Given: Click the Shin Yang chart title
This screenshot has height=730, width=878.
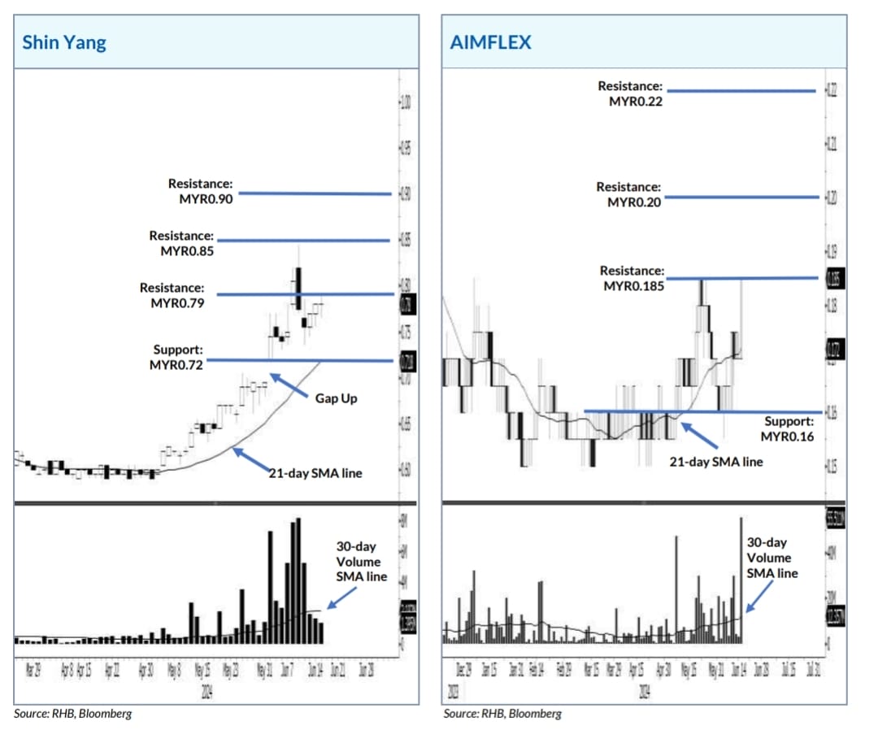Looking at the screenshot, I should [x=64, y=42].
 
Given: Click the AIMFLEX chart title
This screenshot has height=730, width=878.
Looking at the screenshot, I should [x=490, y=42].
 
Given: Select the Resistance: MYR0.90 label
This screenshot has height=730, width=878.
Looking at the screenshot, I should [x=200, y=191].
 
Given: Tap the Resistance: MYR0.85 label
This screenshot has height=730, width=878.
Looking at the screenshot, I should [x=181, y=243].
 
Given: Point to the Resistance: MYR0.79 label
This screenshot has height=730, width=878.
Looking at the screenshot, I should [x=172, y=295].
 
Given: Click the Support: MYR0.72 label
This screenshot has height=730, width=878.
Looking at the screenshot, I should [x=176, y=358].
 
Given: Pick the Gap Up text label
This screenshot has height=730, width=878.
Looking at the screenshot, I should [x=337, y=398].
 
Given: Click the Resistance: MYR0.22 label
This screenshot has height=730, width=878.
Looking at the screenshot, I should [x=630, y=93].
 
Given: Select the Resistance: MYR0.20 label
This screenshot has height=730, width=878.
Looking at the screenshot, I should [x=628, y=194].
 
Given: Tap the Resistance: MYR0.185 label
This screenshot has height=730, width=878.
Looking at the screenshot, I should [x=632, y=278].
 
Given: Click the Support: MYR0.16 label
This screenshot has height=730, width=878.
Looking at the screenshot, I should [x=787, y=429].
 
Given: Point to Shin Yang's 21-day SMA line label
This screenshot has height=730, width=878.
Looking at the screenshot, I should [x=315, y=472].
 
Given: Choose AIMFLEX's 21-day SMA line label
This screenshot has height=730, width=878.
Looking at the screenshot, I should [x=715, y=462].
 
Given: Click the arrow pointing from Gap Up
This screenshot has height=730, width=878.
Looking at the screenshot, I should [x=289, y=385].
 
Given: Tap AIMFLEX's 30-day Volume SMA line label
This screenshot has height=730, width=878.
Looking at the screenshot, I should [x=772, y=558].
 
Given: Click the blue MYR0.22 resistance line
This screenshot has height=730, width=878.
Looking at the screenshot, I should [x=740, y=91].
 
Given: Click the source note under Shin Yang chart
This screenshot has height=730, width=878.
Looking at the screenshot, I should [x=72, y=714].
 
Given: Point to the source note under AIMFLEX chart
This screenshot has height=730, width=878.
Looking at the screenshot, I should [x=502, y=714].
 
